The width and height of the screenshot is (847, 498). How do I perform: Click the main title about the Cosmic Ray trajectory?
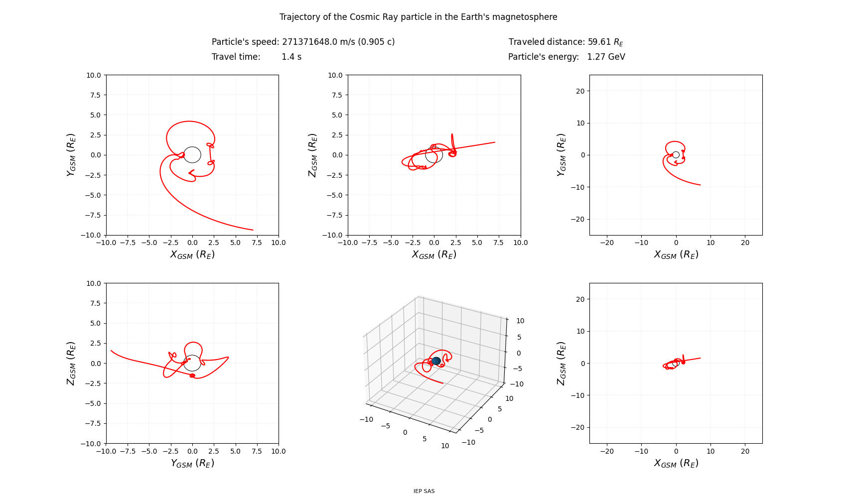click(418, 17)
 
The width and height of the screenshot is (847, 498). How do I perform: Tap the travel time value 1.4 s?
click(291, 57)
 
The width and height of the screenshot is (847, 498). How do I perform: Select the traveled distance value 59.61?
click(599, 41)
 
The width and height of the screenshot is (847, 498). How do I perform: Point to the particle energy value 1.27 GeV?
click(606, 57)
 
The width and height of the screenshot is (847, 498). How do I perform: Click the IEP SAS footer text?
click(424, 491)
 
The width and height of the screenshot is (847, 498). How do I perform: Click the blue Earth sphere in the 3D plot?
click(436, 361)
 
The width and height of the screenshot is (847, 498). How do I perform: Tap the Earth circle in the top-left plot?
click(200, 155)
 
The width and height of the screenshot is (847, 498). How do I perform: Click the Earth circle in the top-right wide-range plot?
click(679, 155)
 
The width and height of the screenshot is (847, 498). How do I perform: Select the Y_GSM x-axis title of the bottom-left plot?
click(192, 463)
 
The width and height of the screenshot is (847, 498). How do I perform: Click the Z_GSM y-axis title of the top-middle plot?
click(313, 155)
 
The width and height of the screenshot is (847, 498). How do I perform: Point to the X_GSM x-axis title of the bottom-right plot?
click(676, 463)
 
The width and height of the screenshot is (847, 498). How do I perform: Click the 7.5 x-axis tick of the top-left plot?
click(257, 243)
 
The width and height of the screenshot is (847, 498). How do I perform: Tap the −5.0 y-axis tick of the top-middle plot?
click(334, 195)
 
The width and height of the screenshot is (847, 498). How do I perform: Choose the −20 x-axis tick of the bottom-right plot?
click(607, 451)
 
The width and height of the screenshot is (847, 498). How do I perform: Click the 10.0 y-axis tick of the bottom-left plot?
click(93, 283)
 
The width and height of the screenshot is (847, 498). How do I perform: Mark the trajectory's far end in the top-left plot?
click(253, 230)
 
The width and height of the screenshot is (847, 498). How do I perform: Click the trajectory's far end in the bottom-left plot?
click(111, 350)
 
